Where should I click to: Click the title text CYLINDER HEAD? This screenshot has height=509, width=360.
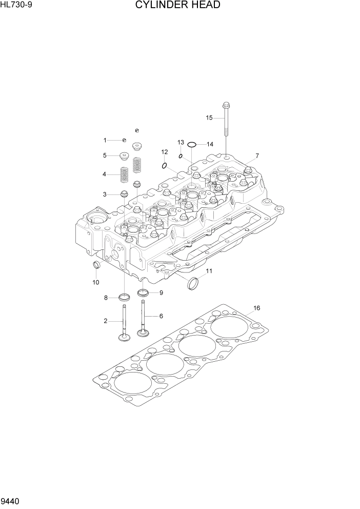(x=178, y=6)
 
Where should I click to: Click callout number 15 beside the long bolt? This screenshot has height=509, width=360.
(x=209, y=118)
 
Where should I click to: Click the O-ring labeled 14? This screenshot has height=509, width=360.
(x=191, y=145)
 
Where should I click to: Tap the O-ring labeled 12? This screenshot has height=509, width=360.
(x=164, y=165)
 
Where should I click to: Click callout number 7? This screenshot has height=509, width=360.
(x=257, y=155)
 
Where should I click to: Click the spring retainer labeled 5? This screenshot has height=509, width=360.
(x=123, y=155)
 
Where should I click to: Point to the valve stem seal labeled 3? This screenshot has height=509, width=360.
(x=124, y=194)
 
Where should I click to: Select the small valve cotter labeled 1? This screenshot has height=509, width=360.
(x=124, y=140)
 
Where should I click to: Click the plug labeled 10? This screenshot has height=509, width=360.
(x=95, y=265)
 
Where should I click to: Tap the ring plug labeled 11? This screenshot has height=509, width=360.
(x=194, y=283)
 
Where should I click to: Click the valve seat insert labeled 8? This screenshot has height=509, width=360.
(x=124, y=297)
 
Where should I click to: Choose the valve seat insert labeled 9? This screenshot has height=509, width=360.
(x=143, y=293)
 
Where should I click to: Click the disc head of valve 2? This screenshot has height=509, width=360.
(x=124, y=338)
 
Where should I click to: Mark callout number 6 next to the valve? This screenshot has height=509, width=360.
(x=161, y=316)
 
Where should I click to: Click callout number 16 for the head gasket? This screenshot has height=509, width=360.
(x=256, y=308)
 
